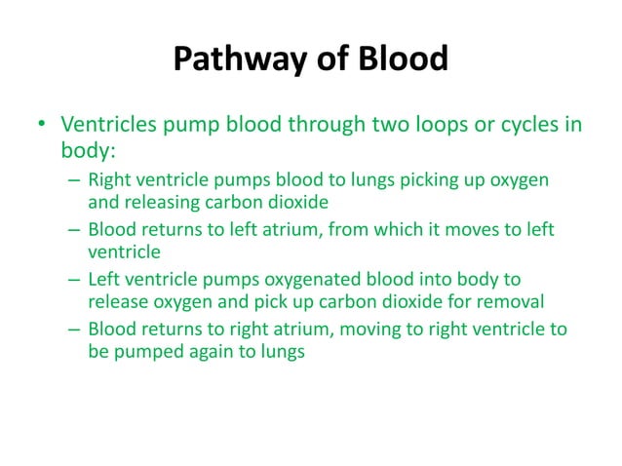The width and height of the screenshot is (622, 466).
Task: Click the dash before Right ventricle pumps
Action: pos(75,181)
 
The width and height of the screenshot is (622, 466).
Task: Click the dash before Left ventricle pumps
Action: pos(75,279)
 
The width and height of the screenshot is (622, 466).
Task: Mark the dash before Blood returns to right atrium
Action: pos(75,329)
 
